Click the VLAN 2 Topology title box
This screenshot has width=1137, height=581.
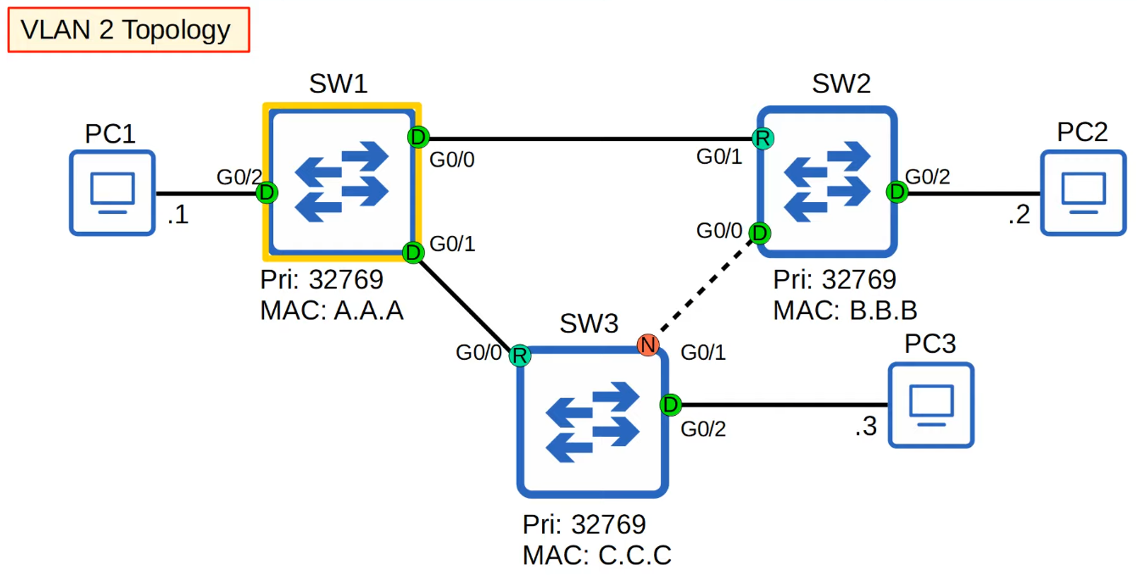point(128,30)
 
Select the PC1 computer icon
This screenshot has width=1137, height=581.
point(112,193)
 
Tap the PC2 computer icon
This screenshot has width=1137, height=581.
point(1083,193)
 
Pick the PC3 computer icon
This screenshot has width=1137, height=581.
point(931,405)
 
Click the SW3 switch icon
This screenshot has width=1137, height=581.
point(592,422)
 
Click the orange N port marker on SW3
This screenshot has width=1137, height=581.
point(648,345)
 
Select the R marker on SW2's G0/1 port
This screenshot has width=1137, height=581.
point(763,138)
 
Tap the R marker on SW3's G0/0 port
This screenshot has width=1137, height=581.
point(520,356)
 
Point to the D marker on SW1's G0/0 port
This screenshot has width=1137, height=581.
point(418,137)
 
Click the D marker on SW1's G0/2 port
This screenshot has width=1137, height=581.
point(266,193)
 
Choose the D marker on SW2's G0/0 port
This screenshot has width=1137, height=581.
point(760,233)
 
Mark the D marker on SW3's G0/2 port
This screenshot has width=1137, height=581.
point(671,405)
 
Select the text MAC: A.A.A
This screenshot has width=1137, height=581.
point(331,311)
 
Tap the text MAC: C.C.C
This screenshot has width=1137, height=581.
point(597,555)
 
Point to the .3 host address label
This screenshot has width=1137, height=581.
point(866,426)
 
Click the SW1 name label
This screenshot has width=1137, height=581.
point(338,84)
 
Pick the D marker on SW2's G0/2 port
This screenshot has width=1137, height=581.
point(897,192)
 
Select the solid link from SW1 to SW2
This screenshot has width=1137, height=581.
point(591,138)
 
